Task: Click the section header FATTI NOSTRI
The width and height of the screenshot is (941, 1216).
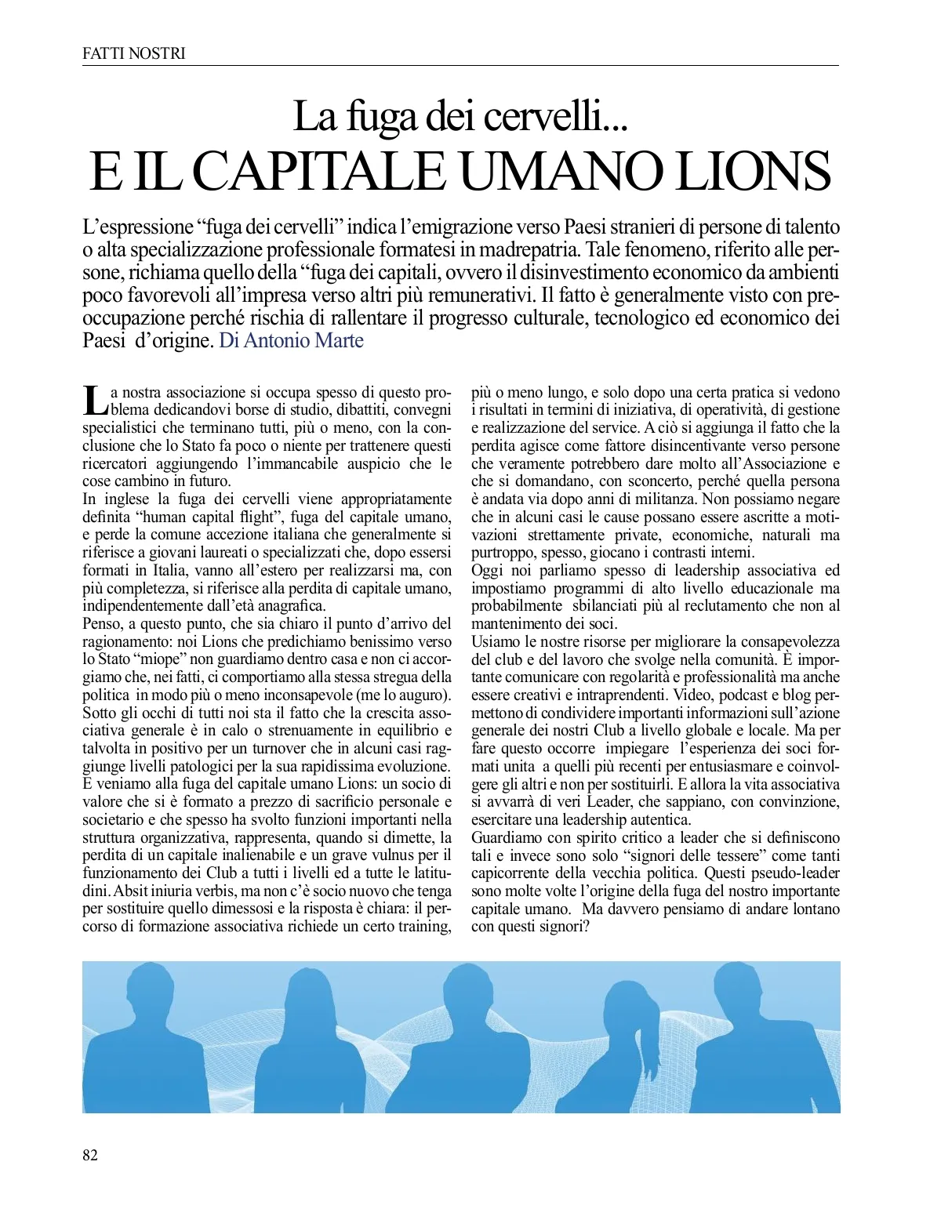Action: click(x=133, y=53)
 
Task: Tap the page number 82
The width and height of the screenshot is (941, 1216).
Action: click(x=90, y=1155)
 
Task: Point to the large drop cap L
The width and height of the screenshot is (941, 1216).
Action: click(x=94, y=399)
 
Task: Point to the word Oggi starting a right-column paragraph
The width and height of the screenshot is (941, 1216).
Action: click(x=487, y=570)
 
